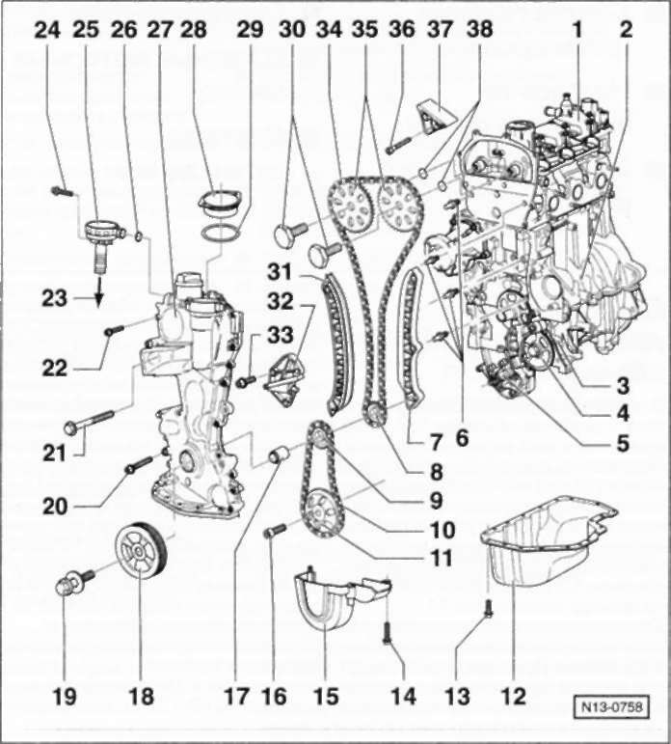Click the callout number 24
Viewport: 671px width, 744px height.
pyautogui.click(x=48, y=30)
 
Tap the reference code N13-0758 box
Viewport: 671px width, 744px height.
pyautogui.click(x=611, y=707)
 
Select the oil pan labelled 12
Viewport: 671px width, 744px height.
pyautogui.click(x=550, y=540)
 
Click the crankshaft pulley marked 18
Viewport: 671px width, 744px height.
pyautogui.click(x=141, y=551)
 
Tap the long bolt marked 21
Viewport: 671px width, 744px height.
pyautogui.click(x=89, y=422)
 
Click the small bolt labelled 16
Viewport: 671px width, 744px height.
pyautogui.click(x=275, y=530)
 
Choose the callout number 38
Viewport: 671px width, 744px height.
pyautogui.click(x=480, y=30)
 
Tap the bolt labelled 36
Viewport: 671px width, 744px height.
pyautogui.click(x=400, y=145)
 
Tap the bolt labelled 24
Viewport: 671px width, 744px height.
pyautogui.click(x=62, y=191)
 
